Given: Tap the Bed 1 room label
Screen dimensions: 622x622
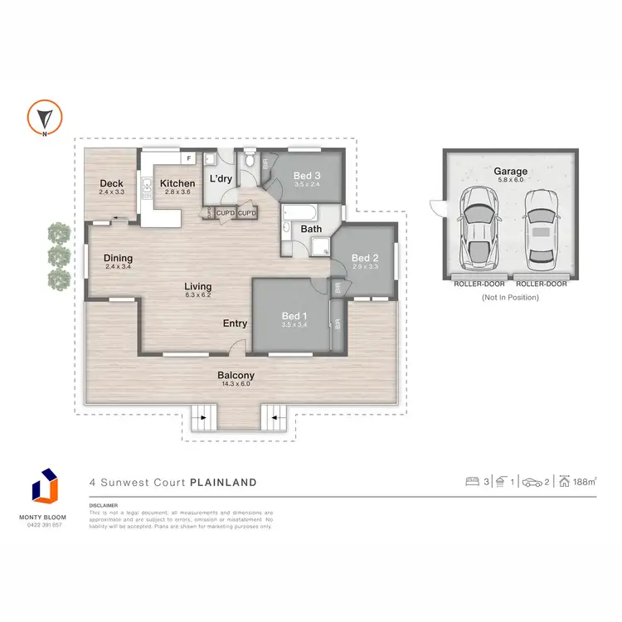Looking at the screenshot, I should [x=294, y=315].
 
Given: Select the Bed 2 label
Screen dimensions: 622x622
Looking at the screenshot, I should [x=365, y=257].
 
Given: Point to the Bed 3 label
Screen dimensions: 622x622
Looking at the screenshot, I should [x=307, y=176].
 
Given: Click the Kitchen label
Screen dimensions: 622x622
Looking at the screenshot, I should [x=177, y=183].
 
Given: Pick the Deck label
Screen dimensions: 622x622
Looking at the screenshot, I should [x=111, y=183].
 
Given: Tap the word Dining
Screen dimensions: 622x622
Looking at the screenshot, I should [x=118, y=258].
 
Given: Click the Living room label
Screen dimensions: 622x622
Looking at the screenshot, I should [x=197, y=287].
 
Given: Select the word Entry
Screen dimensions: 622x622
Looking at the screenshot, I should [x=235, y=323].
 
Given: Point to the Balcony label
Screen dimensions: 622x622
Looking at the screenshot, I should [x=236, y=375].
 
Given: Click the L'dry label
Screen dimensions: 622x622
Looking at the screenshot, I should [x=220, y=179].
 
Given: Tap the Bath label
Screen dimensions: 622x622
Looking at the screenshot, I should [x=311, y=229].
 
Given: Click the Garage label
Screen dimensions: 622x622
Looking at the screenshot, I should [x=510, y=172].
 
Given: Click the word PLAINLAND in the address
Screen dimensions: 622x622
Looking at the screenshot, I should [x=223, y=482].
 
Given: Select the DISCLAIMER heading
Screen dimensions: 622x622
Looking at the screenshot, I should [x=103, y=504].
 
